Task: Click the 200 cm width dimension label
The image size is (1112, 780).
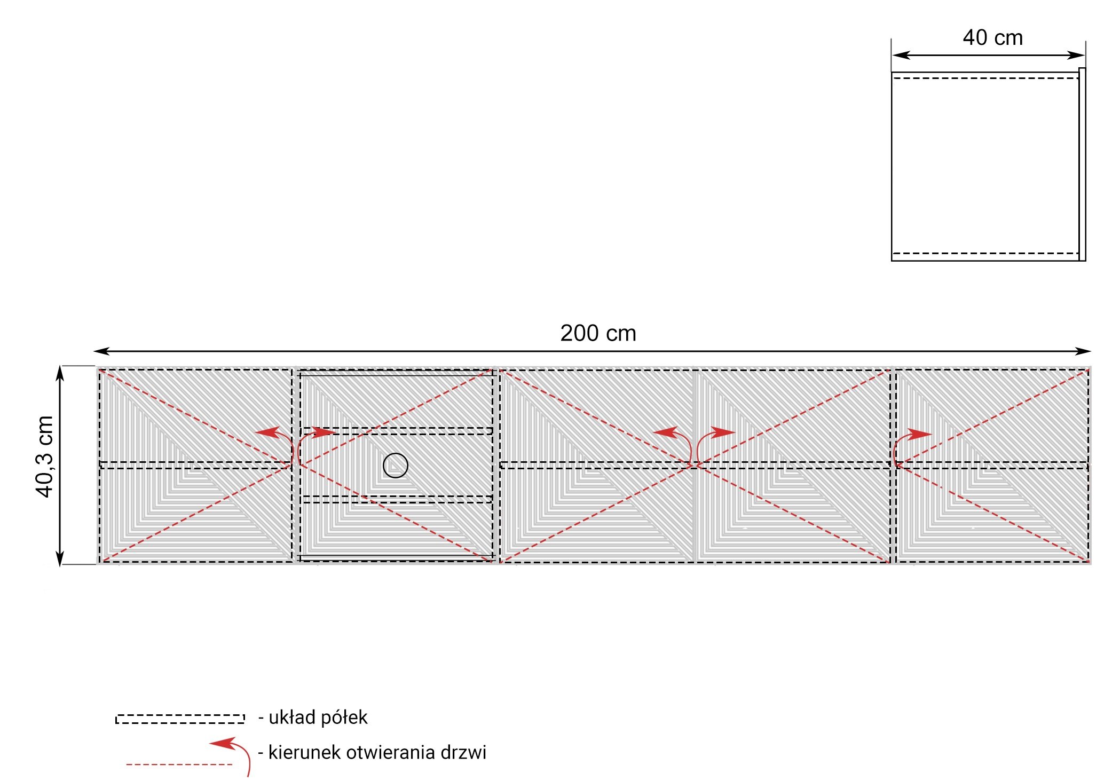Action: click(x=598, y=333)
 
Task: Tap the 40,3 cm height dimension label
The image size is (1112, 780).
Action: click(x=45, y=456)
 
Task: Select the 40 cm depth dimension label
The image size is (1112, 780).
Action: click(x=992, y=37)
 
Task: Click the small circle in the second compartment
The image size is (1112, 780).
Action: click(x=396, y=465)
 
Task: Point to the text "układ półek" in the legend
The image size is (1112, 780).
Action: click(x=318, y=717)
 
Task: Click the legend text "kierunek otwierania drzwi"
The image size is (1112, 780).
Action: click(x=377, y=752)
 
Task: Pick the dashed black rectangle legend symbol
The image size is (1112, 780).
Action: click(x=180, y=719)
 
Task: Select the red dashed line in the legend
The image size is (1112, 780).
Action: click(x=179, y=765)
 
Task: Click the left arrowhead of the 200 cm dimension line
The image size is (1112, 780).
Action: click(x=101, y=351)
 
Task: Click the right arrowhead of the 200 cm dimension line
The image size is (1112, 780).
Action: click(x=1083, y=351)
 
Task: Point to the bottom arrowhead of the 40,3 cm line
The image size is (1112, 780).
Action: click(x=60, y=557)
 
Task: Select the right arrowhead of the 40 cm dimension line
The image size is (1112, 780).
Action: click(x=1076, y=55)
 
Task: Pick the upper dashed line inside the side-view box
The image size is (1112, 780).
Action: click(x=985, y=78)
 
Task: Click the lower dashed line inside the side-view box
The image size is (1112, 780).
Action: click(x=985, y=253)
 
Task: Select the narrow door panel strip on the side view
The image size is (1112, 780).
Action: click(x=1082, y=164)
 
